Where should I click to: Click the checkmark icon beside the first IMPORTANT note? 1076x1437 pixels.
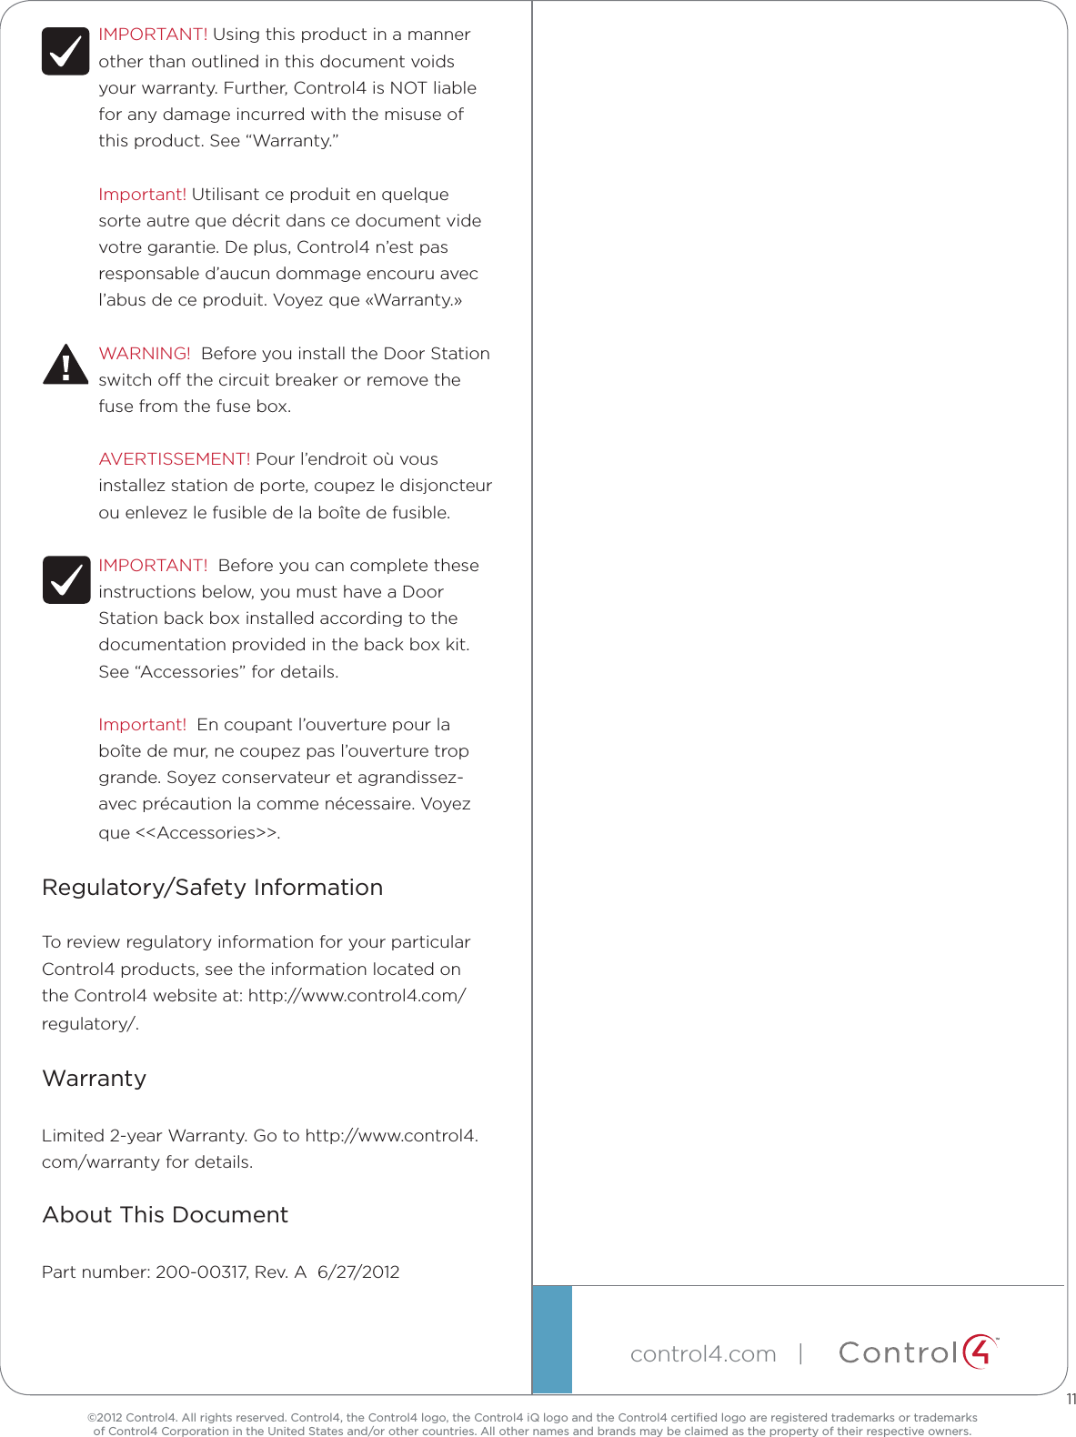(x=65, y=51)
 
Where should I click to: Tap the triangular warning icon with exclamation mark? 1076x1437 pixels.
(x=65, y=365)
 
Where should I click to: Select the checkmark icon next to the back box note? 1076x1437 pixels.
(x=65, y=579)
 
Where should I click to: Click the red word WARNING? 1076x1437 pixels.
(x=145, y=354)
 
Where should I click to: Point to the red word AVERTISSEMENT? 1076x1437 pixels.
(x=174, y=459)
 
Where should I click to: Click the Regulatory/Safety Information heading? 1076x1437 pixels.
(x=212, y=888)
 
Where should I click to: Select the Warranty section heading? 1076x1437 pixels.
(x=94, y=1079)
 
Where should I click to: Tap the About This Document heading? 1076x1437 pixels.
(x=165, y=1215)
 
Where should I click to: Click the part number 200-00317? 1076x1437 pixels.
(x=201, y=1272)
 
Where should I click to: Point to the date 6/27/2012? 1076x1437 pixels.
(x=358, y=1272)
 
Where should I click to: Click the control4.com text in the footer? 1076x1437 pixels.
(x=703, y=1354)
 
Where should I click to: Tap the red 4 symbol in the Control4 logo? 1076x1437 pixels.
(x=979, y=1352)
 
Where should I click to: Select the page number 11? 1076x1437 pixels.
(x=1071, y=1400)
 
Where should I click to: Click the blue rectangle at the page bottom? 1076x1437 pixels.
(x=552, y=1339)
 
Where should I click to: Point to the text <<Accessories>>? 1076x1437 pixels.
(x=206, y=833)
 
